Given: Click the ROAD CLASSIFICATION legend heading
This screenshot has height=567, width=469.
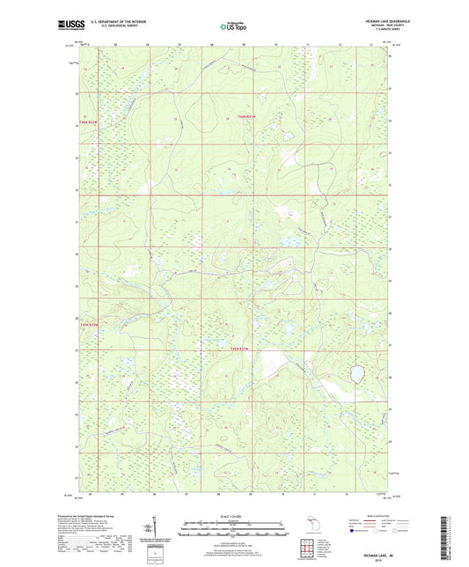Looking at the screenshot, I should (x=377, y=517).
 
